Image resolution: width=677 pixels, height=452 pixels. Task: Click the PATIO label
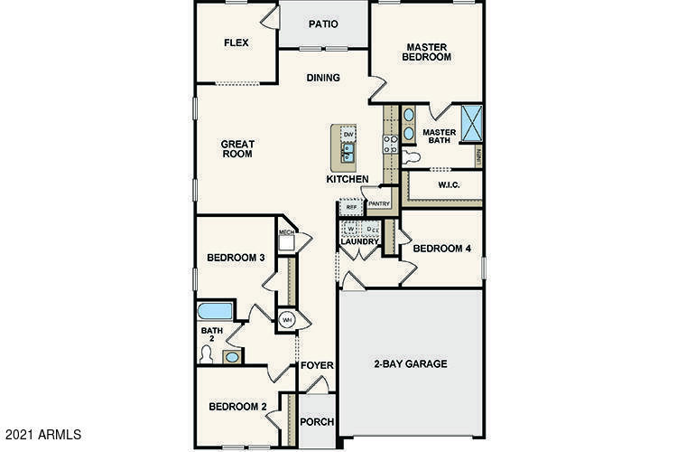pos(323,24)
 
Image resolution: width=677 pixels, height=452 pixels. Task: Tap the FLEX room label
pos(236,42)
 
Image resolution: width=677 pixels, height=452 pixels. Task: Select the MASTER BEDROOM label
pos(427,52)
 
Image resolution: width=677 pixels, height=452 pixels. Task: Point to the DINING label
pos(323,78)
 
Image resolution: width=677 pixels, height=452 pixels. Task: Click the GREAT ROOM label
pos(238,148)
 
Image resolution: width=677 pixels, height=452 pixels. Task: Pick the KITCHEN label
pos(348,180)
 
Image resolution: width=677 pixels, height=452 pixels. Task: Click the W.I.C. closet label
pos(450,185)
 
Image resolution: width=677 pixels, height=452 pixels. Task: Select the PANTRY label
pos(378,203)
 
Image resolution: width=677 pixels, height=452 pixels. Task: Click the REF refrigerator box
pos(350,207)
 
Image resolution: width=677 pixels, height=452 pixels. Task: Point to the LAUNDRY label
pos(358,242)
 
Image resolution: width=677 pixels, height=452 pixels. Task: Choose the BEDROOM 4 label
pos(441,249)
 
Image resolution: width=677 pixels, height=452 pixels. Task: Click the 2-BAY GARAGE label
pos(411,364)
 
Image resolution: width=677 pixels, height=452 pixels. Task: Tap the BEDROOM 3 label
pos(236,258)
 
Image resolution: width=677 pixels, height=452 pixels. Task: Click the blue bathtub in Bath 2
pos(215,312)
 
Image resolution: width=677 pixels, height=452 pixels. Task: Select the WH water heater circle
pos(287,320)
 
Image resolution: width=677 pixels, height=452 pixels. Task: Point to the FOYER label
pos(318,366)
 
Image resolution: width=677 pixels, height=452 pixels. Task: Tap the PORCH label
pos(317,422)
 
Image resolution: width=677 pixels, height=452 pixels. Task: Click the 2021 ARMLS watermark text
pos(42,435)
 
